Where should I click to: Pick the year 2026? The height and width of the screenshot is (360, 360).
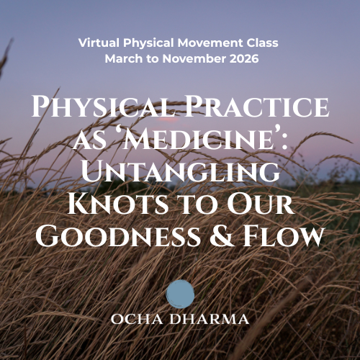[x=239, y=58]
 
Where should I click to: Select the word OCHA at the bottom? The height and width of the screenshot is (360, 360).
[x=141, y=319]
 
